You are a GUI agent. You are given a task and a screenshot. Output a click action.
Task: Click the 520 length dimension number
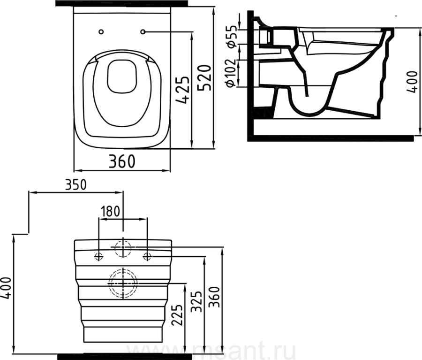pyautogui.click(x=203, y=77)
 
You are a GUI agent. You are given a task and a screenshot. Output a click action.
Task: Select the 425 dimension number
pyautogui.click(x=182, y=90)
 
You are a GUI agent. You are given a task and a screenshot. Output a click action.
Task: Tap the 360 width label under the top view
pyautogui.click(x=122, y=161)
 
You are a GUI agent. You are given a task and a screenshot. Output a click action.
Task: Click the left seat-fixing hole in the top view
pyautogui.click(x=101, y=32)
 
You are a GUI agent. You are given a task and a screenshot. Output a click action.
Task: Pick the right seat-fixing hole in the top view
pyautogui.click(x=143, y=32)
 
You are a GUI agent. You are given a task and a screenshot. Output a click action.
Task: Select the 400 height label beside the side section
pyautogui.click(x=412, y=82)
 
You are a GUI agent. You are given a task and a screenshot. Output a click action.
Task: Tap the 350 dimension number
pyautogui.click(x=76, y=185)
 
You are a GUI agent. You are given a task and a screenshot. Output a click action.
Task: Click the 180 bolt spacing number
pyautogui.click(x=110, y=212)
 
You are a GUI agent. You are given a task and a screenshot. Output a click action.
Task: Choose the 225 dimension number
pyautogui.click(x=177, y=315)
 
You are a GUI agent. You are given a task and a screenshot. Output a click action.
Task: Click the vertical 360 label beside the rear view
pyautogui.click(x=215, y=297)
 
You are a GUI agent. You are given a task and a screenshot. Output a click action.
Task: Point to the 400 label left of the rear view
pyautogui.click(x=6, y=288)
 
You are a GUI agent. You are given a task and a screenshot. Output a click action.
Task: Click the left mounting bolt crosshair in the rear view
pyautogui.click(x=99, y=256)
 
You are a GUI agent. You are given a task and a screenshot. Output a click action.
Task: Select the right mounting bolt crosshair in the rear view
pyautogui.click(x=147, y=256)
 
